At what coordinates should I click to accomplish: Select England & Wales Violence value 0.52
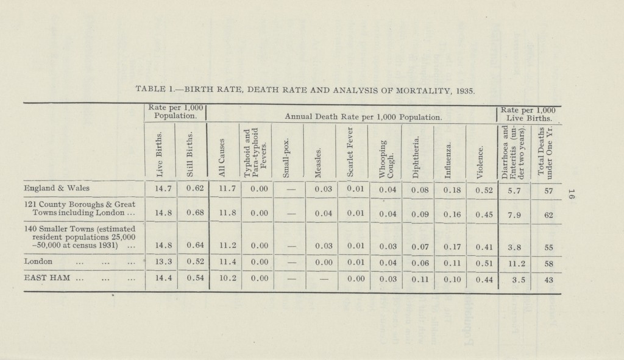pos(481,190)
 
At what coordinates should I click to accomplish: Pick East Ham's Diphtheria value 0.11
pos(417,278)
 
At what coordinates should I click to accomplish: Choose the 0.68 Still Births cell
pos(191,215)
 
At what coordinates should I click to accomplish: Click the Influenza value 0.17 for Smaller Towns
pos(449,247)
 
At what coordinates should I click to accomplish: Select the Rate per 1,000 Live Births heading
pos(528,114)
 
